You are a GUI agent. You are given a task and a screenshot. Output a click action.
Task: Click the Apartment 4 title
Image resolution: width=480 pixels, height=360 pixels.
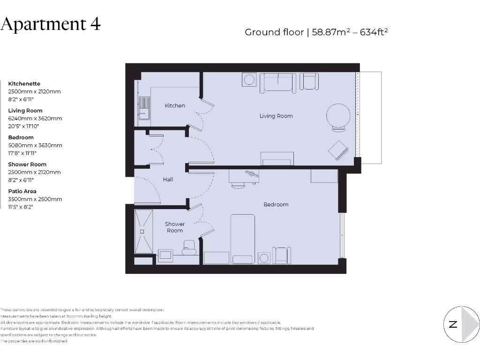point(51,24)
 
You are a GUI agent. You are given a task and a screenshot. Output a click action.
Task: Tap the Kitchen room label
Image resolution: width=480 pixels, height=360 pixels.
point(175,105)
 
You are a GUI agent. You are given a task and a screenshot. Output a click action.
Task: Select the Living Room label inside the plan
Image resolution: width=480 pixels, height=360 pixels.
point(276,116)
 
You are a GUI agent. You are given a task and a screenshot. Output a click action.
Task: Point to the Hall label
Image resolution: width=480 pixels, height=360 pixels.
point(168,179)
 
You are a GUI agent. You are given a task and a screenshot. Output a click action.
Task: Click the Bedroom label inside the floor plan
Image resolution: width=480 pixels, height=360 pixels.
point(276,204)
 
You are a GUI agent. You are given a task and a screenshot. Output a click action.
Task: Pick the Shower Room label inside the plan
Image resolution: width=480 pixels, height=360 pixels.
point(175,227)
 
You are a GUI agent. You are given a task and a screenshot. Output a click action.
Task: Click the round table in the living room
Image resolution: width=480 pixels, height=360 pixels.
point(337,114)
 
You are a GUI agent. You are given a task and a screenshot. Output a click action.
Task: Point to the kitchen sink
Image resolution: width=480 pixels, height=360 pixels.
point(144,107)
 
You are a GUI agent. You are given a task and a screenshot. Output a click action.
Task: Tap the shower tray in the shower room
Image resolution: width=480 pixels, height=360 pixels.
point(143,231)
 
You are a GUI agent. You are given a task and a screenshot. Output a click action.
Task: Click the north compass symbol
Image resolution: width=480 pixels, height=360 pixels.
point(462,324)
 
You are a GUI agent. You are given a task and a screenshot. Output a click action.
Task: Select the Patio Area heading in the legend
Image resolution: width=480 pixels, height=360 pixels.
point(22,191)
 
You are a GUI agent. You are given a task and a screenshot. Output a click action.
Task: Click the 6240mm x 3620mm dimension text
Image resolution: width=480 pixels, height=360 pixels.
point(35,119)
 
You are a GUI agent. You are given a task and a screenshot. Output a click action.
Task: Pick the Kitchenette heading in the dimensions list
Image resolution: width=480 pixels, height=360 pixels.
point(24,84)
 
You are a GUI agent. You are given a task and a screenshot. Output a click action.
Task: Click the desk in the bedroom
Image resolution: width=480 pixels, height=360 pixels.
point(244,175)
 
